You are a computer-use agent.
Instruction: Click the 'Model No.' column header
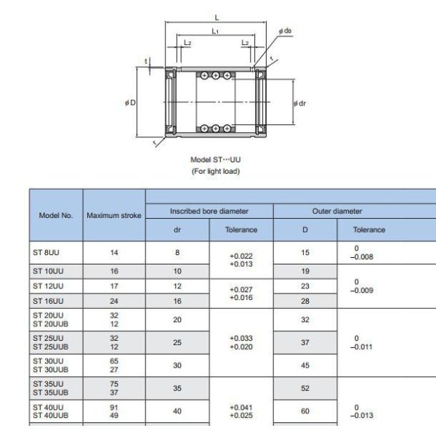click(x=56, y=216)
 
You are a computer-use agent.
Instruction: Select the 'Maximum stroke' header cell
click(x=114, y=216)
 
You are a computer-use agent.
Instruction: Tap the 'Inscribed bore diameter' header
click(x=209, y=211)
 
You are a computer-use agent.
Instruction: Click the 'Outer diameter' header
click(x=337, y=211)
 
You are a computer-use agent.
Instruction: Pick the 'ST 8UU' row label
click(x=44, y=253)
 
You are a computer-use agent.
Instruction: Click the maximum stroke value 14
click(x=114, y=253)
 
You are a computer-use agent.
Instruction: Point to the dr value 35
click(x=177, y=389)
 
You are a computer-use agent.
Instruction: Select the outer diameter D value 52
click(x=305, y=389)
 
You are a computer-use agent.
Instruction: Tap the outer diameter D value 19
click(x=305, y=271)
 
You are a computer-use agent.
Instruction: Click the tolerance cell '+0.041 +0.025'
click(x=241, y=411)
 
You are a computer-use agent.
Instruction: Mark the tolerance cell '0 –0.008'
click(x=363, y=252)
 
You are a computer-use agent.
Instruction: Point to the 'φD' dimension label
click(x=130, y=102)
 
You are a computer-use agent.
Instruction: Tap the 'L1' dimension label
click(x=216, y=31)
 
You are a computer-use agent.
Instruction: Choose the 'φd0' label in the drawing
click(x=285, y=31)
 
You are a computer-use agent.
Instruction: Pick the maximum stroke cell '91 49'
click(x=114, y=411)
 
